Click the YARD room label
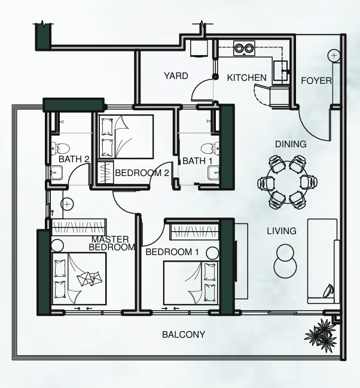click(x=176, y=75)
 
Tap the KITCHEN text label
click(x=246, y=78)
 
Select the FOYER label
click(x=316, y=81)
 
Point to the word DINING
click(x=291, y=144)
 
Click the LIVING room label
click(x=282, y=231)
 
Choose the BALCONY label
click(x=184, y=335)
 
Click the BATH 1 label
click(x=197, y=161)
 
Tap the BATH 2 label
click(x=74, y=159)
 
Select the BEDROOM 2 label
click(x=142, y=172)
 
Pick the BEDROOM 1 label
click(x=172, y=252)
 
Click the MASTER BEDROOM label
click(x=112, y=243)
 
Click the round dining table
click(x=288, y=182)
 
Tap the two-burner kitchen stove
click(x=245, y=48)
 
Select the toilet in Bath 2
click(x=60, y=149)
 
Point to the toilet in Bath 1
click(x=210, y=149)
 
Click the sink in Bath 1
click(x=213, y=172)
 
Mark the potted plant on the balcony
click(x=320, y=334)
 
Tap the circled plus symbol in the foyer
click(x=334, y=56)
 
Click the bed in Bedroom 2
click(x=126, y=137)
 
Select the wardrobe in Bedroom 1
click(x=194, y=232)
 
